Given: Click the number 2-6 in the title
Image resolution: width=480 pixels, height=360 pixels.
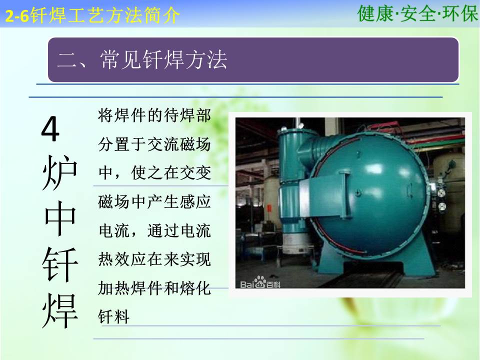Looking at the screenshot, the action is point(17,16).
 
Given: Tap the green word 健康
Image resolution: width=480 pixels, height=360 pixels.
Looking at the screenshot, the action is point(375,13).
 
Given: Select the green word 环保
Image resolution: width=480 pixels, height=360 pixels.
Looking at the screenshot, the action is point(459,13).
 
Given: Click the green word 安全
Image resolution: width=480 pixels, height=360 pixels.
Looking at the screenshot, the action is point(417,13).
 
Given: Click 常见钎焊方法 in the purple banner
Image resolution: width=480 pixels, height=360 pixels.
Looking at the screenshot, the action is point(163,59).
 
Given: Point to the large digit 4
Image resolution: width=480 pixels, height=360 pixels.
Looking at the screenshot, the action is point(50,128).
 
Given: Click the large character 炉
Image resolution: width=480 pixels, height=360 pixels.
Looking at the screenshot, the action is point(59,172).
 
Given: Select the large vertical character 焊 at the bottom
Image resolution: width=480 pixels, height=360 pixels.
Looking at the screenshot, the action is point(60,310).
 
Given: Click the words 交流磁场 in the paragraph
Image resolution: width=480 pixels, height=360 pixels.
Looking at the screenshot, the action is point(179,144).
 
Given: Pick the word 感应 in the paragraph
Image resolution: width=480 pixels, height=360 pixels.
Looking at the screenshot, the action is point(195,201).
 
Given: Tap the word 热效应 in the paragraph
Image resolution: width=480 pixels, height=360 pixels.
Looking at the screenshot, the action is point(122,259).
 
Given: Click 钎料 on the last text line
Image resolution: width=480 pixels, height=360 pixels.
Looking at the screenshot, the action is point(114,317).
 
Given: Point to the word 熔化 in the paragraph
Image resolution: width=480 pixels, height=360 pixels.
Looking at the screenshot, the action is point(195,288).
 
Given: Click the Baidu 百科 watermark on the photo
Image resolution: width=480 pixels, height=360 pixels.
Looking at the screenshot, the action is point(260,283).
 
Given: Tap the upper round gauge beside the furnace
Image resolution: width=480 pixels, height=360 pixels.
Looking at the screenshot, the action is point(441,192).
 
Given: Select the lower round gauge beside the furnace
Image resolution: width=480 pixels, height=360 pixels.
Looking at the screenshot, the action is point(441,207).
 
